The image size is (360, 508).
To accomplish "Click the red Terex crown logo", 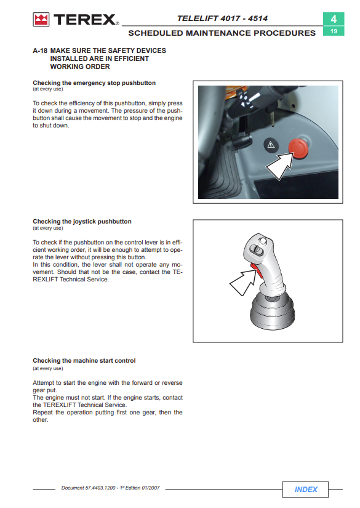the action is (x=41, y=20).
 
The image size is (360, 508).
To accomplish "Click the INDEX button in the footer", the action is (x=305, y=489).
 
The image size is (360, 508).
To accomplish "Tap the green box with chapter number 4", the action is (x=334, y=19).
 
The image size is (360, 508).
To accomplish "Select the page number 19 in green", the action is (x=334, y=31).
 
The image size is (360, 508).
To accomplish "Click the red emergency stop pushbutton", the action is (x=298, y=149).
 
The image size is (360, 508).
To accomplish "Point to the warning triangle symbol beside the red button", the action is (x=271, y=145).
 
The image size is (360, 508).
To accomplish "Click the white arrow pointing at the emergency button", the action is (x=279, y=165).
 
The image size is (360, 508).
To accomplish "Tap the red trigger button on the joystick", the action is (x=257, y=271).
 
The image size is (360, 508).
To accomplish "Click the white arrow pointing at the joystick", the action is (x=244, y=282).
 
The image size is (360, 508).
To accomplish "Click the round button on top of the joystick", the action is (x=263, y=241).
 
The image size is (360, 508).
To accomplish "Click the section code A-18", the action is (x=40, y=50).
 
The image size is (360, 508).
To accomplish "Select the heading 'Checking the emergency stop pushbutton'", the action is (x=94, y=83).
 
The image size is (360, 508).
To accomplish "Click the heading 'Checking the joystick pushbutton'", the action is (x=82, y=222).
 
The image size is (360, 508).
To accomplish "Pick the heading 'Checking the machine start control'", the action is (x=84, y=361).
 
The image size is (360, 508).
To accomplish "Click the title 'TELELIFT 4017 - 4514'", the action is (x=222, y=18).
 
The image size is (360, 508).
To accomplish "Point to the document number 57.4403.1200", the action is (x=100, y=488).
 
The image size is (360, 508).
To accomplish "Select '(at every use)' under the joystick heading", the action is (x=48, y=228).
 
